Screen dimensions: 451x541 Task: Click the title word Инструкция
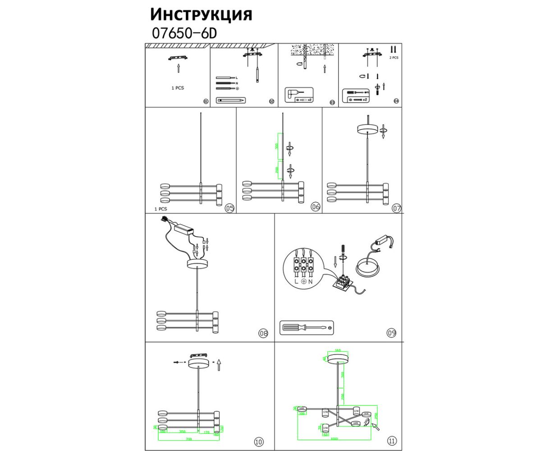201,14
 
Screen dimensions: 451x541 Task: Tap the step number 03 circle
332,102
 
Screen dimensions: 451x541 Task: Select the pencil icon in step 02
231,99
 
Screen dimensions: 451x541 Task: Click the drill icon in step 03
293,93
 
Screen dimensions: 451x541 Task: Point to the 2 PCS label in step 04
394,58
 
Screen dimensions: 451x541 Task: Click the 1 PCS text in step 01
178,88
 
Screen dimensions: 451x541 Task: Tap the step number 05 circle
229,208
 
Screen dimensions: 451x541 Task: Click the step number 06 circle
315,207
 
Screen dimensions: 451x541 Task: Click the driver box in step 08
184,229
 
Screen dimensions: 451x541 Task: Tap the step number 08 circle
263,334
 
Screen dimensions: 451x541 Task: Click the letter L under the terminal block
296,281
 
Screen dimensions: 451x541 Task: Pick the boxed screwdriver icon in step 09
307,327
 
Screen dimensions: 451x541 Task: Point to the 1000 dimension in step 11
334,438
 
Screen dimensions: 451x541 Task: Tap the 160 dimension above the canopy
338,350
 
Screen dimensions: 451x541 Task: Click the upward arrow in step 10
219,364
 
